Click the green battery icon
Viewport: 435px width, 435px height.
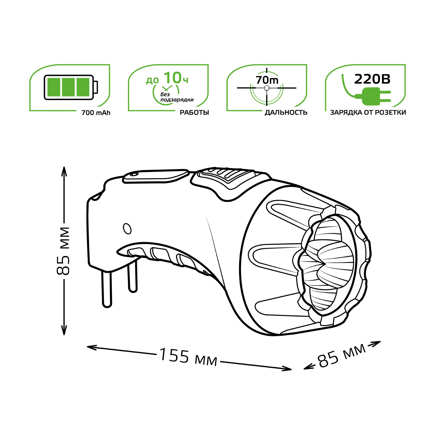point(71,87)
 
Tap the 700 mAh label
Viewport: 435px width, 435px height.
point(96,113)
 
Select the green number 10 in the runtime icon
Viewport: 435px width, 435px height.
point(173,78)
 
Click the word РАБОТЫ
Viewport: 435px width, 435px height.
point(194,113)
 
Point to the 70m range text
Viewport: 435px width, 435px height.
point(267,80)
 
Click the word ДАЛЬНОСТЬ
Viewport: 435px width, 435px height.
point(286,113)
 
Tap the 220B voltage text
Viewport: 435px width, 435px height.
point(372,79)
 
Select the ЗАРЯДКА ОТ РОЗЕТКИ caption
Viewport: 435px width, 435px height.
point(368,113)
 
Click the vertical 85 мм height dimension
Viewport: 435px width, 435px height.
point(63,251)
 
